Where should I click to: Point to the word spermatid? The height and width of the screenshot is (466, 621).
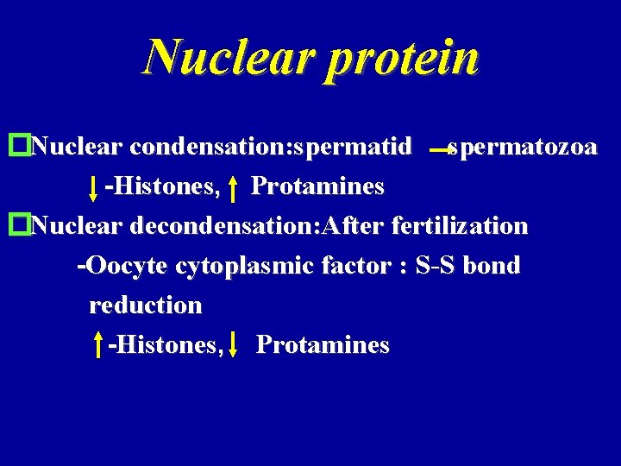coord(352,148)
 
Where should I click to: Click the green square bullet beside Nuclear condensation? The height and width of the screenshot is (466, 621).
coord(14,147)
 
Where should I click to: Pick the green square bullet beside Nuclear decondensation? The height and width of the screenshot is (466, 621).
coord(14,226)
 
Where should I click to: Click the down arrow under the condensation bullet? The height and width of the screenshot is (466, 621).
coord(93,187)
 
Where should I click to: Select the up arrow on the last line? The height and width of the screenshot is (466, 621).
coord(99,346)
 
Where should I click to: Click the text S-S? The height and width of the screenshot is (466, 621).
coord(436,267)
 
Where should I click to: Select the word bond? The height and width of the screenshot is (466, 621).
coord(492,267)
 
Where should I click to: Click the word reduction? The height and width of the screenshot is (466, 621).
coord(145,305)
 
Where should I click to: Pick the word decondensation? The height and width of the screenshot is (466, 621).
coord(223,226)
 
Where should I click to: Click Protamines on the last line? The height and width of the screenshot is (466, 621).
coord(323,345)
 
